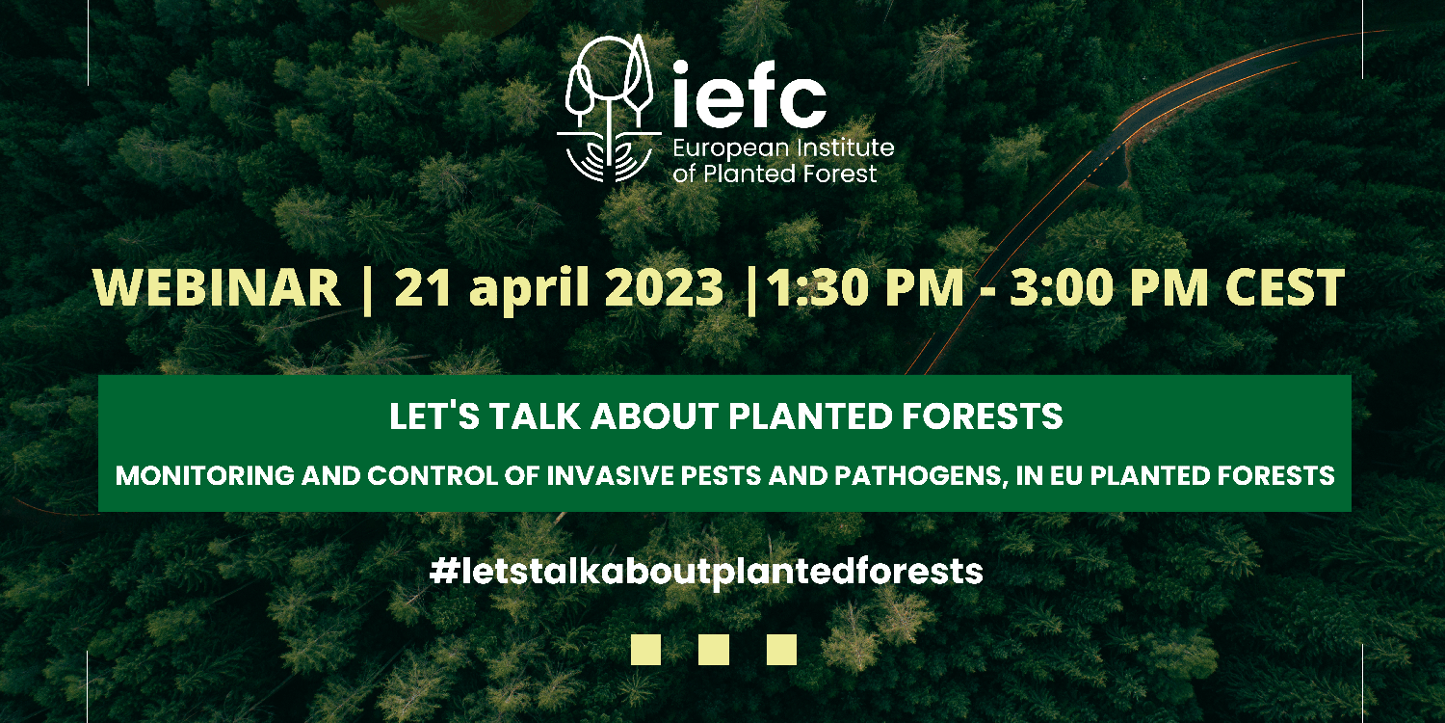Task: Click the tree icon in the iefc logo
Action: coord(609,108)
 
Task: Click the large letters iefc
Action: coord(749,94)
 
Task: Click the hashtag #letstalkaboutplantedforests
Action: coord(706,572)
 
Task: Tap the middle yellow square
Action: coord(714,650)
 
